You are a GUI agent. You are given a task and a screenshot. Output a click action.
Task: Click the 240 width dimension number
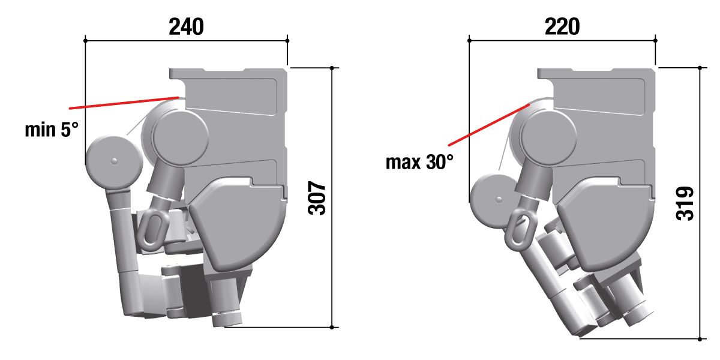tap(186, 26)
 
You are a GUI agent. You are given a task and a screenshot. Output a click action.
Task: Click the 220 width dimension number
tap(562, 26)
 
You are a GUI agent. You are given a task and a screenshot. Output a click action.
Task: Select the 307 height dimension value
tap(317, 198)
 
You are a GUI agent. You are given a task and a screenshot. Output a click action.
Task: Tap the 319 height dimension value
tap(685, 203)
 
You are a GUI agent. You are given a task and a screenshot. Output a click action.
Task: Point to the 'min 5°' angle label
tap(52, 130)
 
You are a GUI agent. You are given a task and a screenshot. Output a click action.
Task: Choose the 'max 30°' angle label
tap(419, 162)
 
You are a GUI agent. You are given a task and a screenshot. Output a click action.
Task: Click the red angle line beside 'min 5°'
tap(124, 103)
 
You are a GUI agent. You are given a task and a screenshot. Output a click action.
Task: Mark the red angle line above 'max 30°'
tap(489, 125)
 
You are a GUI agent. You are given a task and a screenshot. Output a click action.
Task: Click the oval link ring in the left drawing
tap(153, 230)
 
